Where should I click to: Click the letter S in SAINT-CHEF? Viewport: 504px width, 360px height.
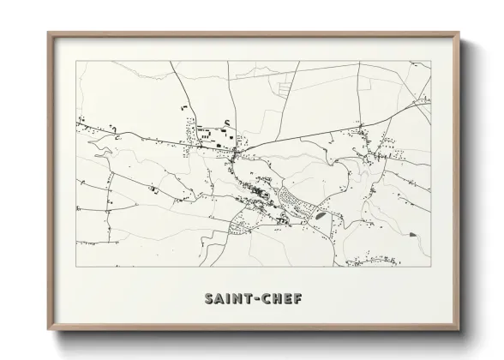pyautogui.click(x=209, y=298)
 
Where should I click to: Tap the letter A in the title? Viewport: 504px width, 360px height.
pyautogui.click(x=219, y=298)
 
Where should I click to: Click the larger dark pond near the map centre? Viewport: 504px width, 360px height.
pyautogui.click(x=319, y=216)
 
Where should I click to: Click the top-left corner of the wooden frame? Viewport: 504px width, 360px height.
pyautogui.click(x=48, y=33)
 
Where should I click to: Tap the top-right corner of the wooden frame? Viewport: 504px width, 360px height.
pyautogui.click(x=459, y=33)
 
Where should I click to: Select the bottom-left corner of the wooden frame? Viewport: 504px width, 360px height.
pyautogui.click(x=48, y=331)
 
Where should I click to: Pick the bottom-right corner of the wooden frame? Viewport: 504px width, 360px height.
pyautogui.click(x=459, y=331)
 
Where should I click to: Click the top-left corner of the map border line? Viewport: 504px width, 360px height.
pyautogui.click(x=76, y=61)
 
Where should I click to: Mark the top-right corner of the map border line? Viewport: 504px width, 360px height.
pyautogui.click(x=430, y=61)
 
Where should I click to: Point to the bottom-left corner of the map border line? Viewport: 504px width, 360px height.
pyautogui.click(x=76, y=267)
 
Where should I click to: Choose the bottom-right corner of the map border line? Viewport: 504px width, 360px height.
pyautogui.click(x=430, y=267)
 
